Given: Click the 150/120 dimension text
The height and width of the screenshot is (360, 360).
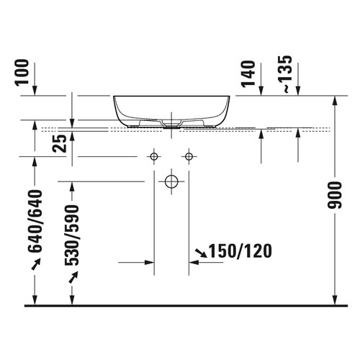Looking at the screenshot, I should click(241, 252).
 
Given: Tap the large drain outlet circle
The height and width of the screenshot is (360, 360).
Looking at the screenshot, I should click(171, 182).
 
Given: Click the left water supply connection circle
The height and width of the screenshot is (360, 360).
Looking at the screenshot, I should click(153, 156).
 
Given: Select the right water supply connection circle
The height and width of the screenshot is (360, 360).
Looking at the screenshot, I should click(189, 156).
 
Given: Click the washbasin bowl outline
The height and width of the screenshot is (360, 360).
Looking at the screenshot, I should click(171, 108).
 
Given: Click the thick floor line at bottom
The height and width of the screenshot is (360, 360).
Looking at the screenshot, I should click(180, 306).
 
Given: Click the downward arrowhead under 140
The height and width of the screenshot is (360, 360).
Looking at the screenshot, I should click(261, 93).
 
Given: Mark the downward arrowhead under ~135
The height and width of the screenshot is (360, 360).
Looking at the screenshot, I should click(297, 93).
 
